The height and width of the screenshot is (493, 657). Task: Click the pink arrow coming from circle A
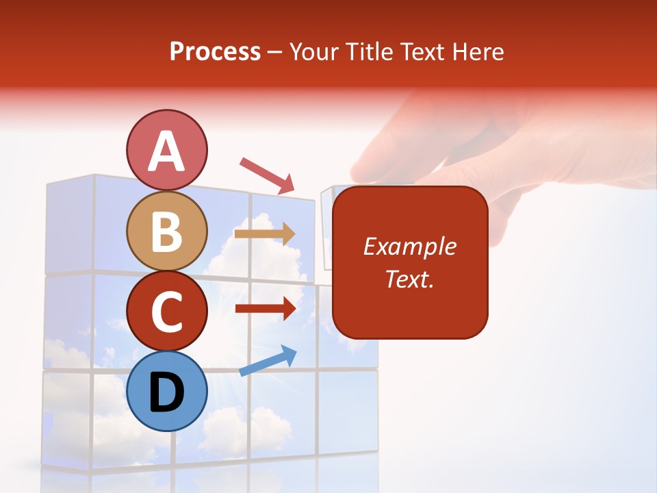[267, 175]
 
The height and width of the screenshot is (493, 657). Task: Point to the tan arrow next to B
[265, 233]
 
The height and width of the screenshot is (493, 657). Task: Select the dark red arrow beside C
[265, 309]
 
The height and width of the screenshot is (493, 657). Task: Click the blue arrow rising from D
[268, 361]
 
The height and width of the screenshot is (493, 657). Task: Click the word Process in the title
[215, 52]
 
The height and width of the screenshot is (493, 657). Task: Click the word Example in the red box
[409, 246]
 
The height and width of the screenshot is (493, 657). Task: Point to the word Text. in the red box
[409, 279]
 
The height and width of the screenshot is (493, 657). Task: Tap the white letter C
[166, 313]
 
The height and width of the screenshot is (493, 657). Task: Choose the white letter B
[166, 232]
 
